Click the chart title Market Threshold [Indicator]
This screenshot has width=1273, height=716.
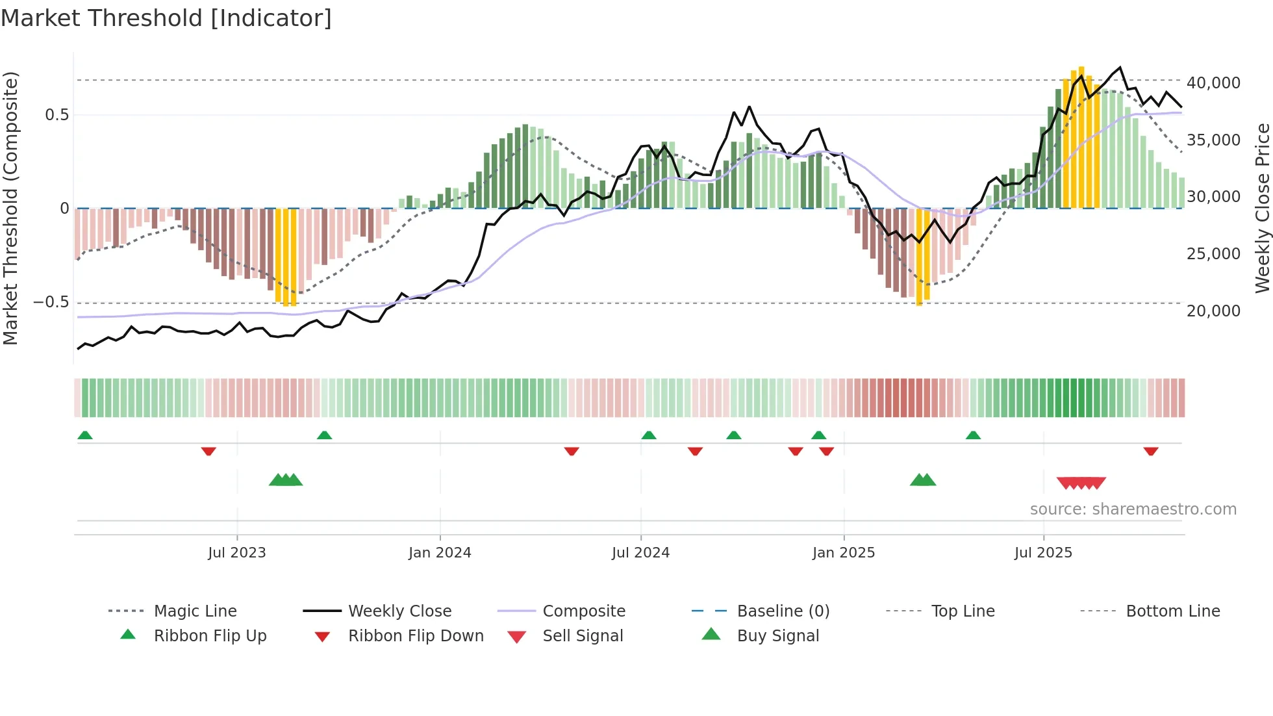(x=166, y=18)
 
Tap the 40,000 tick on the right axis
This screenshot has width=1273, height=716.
(x=1213, y=83)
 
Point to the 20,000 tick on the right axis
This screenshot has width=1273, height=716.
(x=1213, y=311)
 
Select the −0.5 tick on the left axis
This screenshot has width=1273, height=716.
(x=51, y=303)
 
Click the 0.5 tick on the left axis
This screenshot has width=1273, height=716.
(x=57, y=115)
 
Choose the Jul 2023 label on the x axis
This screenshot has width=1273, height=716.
(x=236, y=553)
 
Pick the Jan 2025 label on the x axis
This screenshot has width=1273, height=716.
(x=843, y=553)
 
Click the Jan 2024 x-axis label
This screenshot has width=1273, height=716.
(x=440, y=553)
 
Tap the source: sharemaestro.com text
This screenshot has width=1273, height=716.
(x=1133, y=509)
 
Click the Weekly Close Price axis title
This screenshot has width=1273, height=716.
(x=1262, y=208)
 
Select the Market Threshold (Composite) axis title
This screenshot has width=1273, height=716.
(x=10, y=208)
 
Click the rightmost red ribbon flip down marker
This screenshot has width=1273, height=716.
(x=1151, y=451)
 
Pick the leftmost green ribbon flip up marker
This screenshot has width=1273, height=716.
(x=85, y=435)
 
